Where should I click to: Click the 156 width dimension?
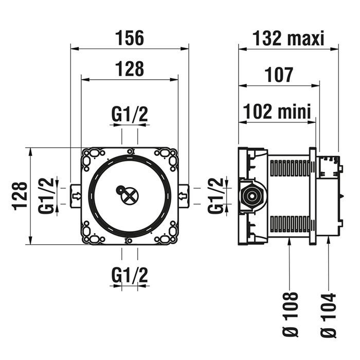pyautogui.click(x=129, y=38)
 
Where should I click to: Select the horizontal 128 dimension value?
pyautogui.click(x=129, y=68)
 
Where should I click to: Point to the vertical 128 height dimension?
pyautogui.click(x=20, y=195)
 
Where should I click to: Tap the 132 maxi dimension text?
pyautogui.click(x=289, y=38)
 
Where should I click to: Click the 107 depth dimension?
pyautogui.click(x=280, y=75)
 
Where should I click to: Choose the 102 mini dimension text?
pyautogui.click(x=277, y=111)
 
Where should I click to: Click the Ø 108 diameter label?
pyautogui.click(x=291, y=314)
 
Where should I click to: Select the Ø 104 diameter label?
pyautogui.click(x=328, y=314)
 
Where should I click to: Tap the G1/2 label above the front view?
pyautogui.click(x=130, y=115)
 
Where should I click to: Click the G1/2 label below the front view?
pyautogui.click(x=130, y=276)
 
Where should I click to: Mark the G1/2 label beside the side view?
pyautogui.click(x=216, y=195)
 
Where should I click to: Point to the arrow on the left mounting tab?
pyautogui.click(x=77, y=195)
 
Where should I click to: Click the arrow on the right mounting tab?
pyautogui.click(x=183, y=195)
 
